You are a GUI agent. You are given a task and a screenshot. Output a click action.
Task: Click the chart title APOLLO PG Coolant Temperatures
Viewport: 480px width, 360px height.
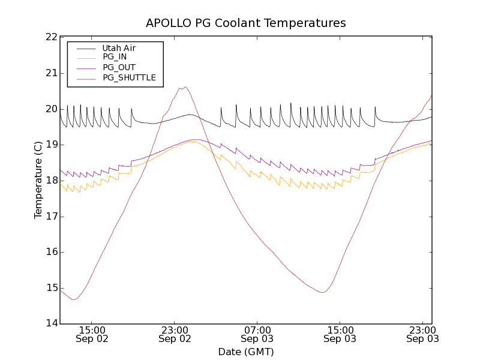point(246,23)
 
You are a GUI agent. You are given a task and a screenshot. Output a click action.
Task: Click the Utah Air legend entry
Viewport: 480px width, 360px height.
point(119,48)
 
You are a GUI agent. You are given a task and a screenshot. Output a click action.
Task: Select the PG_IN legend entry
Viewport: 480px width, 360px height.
point(115,58)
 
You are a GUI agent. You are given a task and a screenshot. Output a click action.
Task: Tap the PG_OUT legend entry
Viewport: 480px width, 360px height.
point(119,68)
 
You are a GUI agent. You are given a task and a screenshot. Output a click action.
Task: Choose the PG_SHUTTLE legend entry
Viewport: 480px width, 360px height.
point(129,78)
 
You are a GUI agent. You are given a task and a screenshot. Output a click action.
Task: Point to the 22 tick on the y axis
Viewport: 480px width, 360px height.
point(50,37)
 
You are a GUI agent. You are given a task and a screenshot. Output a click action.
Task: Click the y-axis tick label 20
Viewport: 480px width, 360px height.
point(50,109)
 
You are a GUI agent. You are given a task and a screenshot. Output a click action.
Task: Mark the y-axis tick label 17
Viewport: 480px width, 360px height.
point(50,217)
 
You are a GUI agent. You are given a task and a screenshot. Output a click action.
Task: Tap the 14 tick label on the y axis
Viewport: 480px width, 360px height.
point(50,324)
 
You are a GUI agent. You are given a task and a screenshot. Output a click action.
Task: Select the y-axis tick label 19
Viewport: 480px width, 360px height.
point(50,145)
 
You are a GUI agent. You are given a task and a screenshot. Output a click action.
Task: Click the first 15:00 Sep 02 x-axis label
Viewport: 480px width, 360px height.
point(92,334)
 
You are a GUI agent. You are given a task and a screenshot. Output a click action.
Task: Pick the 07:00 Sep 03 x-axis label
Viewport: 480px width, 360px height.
point(257,334)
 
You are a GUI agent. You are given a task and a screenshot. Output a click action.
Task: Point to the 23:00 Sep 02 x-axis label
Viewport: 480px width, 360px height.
point(175,334)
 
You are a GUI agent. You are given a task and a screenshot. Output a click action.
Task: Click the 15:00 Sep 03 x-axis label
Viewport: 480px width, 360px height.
point(340,334)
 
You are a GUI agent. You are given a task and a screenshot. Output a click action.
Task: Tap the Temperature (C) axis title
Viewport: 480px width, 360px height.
point(38,181)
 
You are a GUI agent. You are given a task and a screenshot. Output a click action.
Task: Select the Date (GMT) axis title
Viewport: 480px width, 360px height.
point(246,352)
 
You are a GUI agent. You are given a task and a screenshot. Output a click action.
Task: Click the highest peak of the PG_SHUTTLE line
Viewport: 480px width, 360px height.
point(186,87)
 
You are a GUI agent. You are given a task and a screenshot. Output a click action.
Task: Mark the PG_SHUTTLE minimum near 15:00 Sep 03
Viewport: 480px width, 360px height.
point(322,292)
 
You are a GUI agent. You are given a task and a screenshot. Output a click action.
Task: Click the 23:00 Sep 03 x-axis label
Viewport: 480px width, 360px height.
point(422,334)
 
